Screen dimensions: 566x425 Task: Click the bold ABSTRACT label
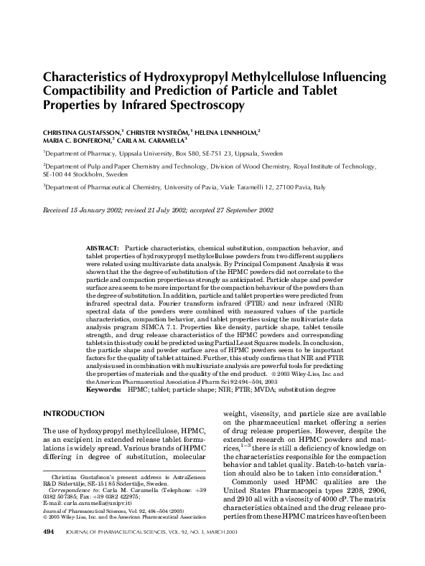pyautogui.click(x=102, y=247)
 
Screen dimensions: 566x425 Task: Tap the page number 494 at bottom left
pyautogui.click(x=50, y=552)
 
